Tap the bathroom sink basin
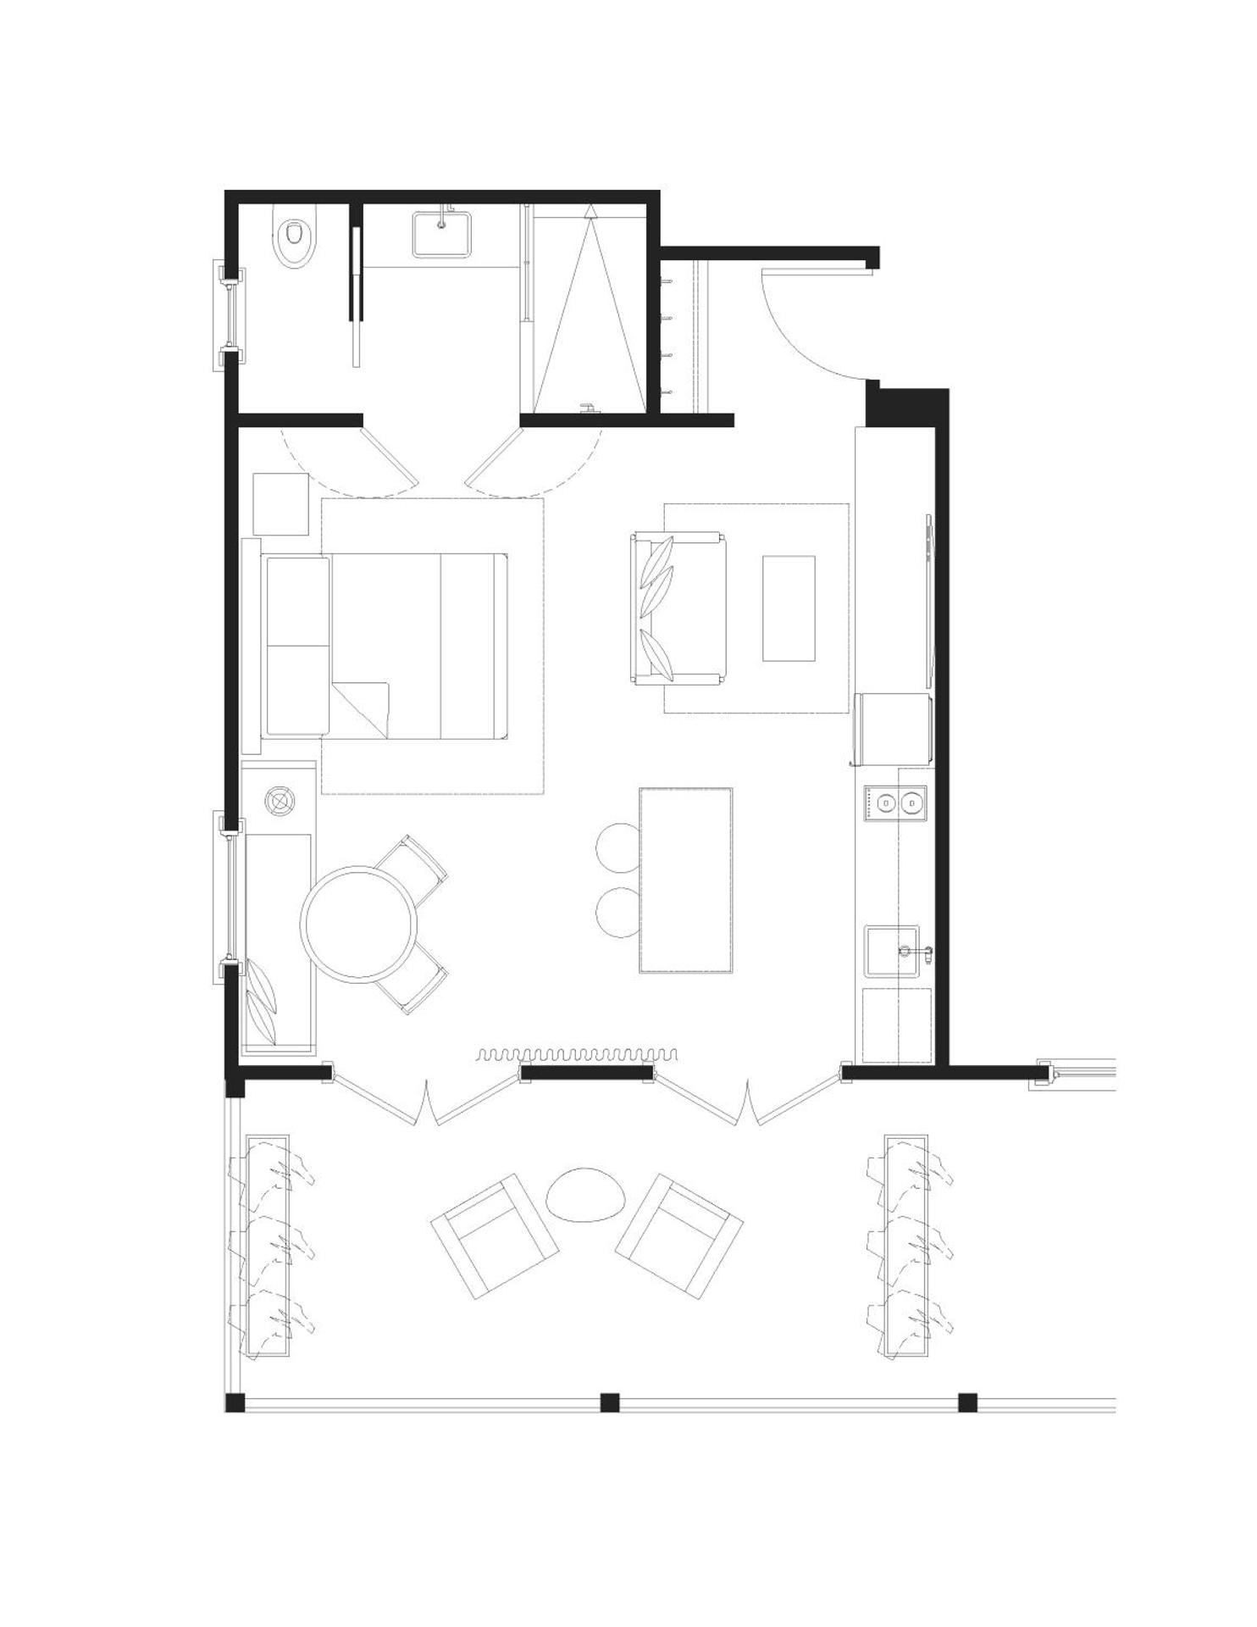(440, 234)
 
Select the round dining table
(360, 924)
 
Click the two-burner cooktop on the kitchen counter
(895, 802)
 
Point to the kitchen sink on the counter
(891, 951)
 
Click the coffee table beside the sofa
(789, 608)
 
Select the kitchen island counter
(686, 880)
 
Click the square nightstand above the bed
(281, 504)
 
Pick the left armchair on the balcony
(495, 1236)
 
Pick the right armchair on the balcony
(678, 1236)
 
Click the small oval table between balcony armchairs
(586, 1195)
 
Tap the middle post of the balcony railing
(610, 1402)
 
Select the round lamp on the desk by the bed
(279, 799)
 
